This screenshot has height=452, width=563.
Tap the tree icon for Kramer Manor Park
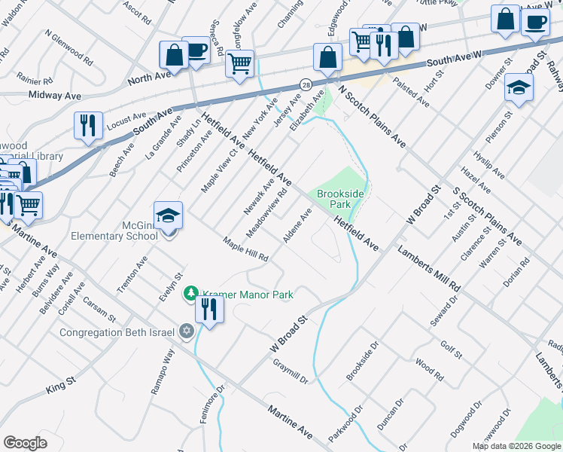click(192, 293)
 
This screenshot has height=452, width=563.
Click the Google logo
click(26, 443)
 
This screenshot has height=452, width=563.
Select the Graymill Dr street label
click(291, 370)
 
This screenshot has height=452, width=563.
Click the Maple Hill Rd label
click(245, 249)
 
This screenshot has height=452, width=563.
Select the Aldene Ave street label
click(297, 226)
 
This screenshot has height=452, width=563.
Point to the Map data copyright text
click(516, 446)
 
